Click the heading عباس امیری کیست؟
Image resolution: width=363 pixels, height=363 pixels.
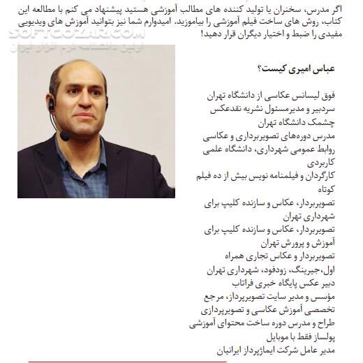pyautogui.click(x=295, y=68)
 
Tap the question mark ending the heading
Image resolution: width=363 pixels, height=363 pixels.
pyautogui.click(x=259, y=68)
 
